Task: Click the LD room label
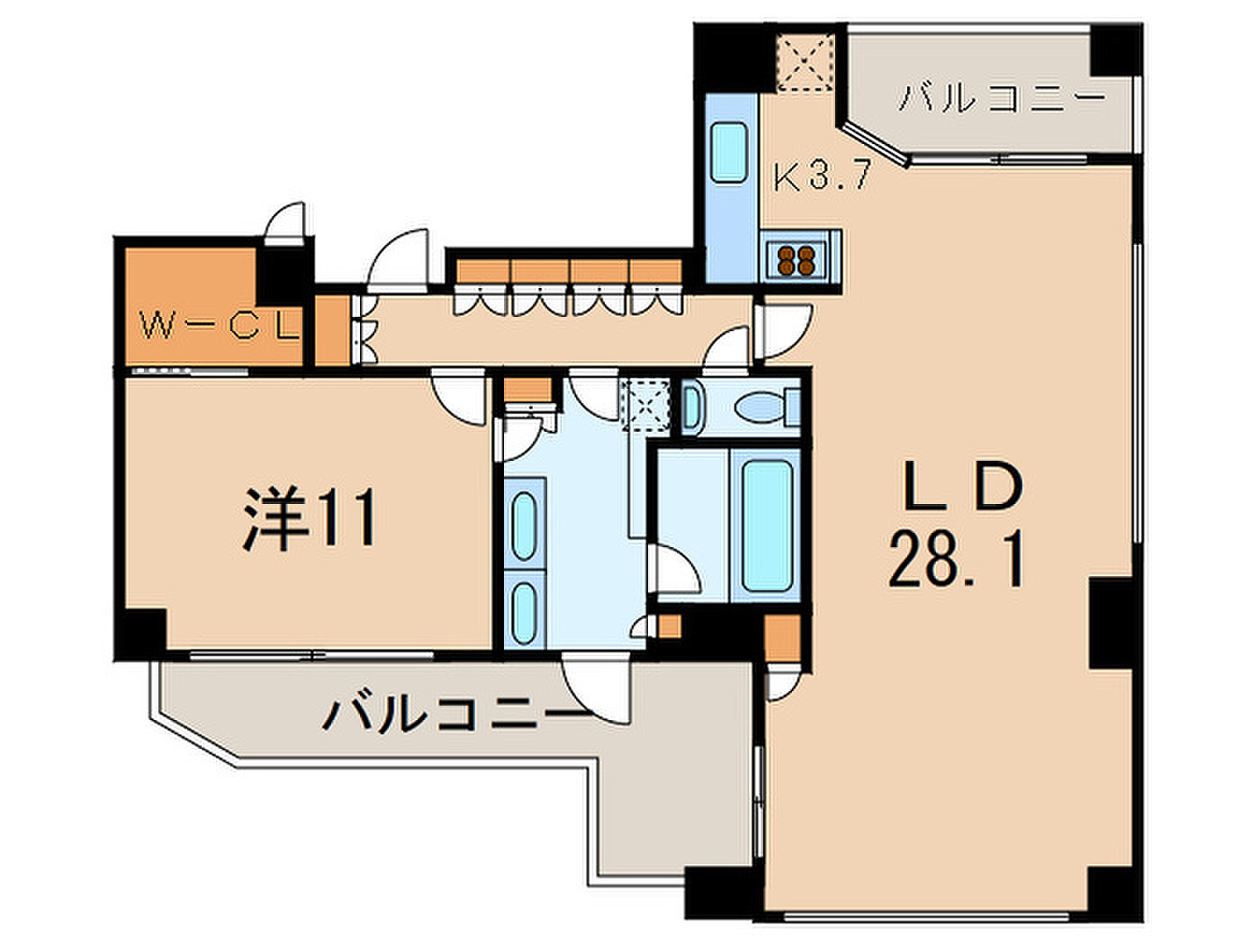(964, 486)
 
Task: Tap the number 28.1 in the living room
(957, 559)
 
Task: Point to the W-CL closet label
(220, 328)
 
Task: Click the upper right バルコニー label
(1001, 98)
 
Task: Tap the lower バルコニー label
(456, 714)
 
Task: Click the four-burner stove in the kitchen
(796, 260)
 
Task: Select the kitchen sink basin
(729, 152)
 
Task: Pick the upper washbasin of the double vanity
(524, 526)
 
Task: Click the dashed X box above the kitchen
(805, 62)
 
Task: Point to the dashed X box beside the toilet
(647, 405)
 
